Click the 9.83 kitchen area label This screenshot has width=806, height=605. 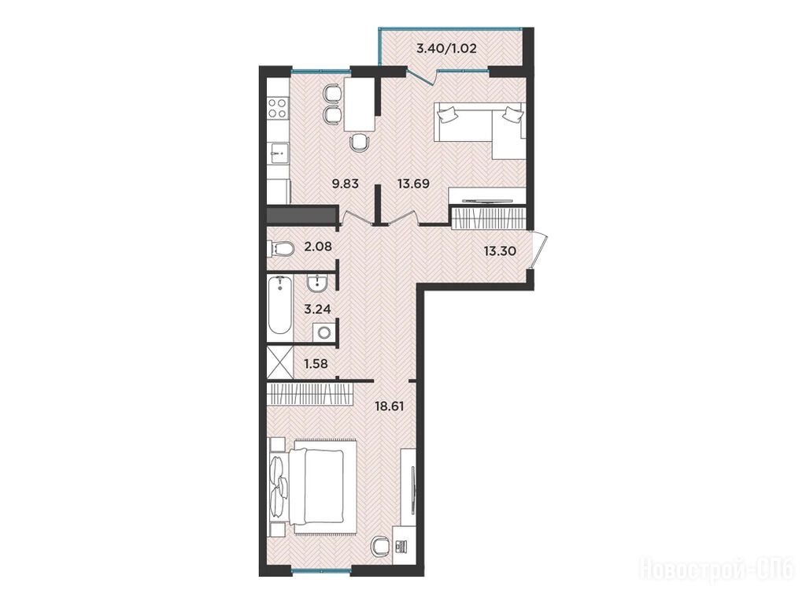coord(345,184)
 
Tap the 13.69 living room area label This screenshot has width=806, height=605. coord(413,184)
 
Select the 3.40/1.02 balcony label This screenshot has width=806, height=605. coord(446,50)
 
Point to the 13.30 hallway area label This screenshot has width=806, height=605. coord(500,251)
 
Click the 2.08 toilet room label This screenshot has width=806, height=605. coord(318,247)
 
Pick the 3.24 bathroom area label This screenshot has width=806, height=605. coord(317,309)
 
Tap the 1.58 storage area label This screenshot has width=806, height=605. coord(316,364)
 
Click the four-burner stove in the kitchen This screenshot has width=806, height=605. coord(278,109)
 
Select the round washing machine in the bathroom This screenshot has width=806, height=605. coord(324,332)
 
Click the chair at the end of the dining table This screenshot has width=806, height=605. coord(359,142)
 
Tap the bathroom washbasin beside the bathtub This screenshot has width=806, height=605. coord(318,284)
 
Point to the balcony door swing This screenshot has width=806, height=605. coord(423,76)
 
